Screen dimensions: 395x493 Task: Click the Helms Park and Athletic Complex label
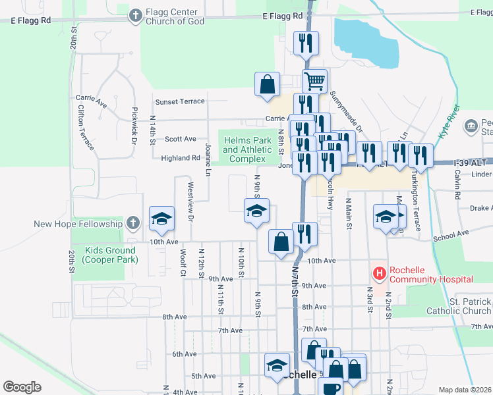(x=248, y=150)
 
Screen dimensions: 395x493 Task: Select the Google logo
(x=22, y=387)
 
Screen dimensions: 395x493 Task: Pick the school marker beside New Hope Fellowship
(x=160, y=220)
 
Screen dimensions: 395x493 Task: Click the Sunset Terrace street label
(x=180, y=102)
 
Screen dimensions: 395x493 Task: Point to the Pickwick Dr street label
(x=134, y=126)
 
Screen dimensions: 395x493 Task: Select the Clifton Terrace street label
(x=86, y=127)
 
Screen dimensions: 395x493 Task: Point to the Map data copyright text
(x=465, y=390)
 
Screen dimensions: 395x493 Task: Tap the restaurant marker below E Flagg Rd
(x=306, y=44)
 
